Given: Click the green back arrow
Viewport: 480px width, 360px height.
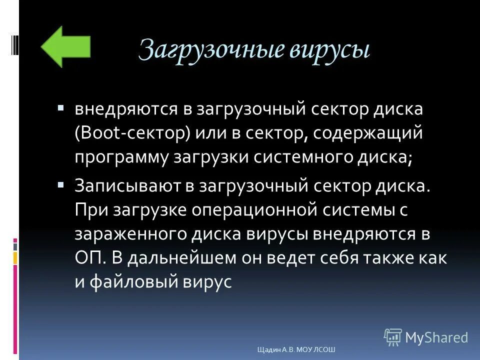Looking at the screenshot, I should (65, 46).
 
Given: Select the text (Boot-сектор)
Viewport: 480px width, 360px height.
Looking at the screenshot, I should (133, 133).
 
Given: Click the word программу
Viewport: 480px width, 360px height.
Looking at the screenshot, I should (120, 157).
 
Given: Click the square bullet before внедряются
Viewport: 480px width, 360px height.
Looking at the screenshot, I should (60, 107).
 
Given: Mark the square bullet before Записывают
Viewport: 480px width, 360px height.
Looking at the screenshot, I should (60, 184).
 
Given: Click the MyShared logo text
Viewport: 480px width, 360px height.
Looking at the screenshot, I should (436, 337).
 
